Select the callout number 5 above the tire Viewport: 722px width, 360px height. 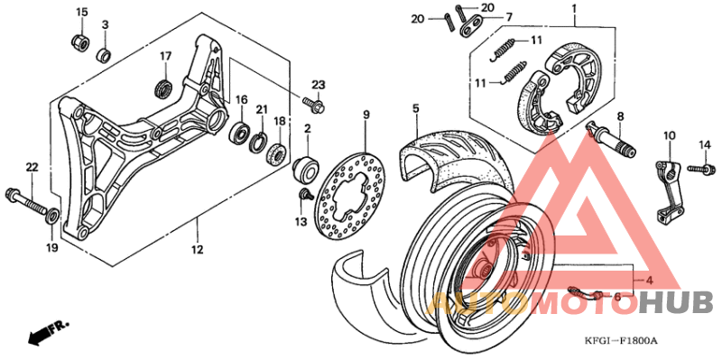416,109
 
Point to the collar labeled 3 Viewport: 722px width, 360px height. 105,55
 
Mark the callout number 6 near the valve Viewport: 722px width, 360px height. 617,296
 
